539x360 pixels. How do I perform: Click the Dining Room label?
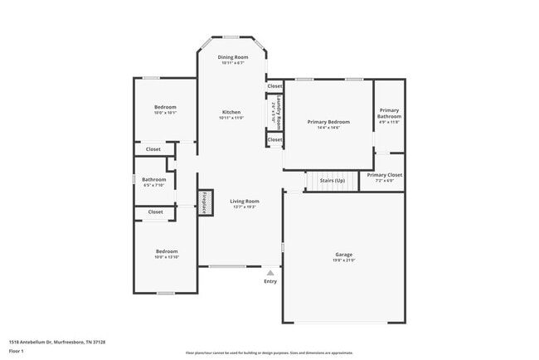[x=233, y=57]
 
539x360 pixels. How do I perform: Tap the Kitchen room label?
[x=231, y=112]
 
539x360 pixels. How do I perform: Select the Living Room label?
[x=245, y=201]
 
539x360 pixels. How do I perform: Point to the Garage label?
[x=344, y=255]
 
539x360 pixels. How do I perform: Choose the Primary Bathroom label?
[x=390, y=113]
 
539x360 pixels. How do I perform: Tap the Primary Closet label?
[x=385, y=175]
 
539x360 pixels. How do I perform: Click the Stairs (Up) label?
[x=332, y=180]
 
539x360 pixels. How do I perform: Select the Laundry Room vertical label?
[x=280, y=110]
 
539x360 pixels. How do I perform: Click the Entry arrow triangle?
[x=269, y=271]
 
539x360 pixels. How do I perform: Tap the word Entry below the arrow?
[x=270, y=282]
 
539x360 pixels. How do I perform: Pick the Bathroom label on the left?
[x=153, y=179]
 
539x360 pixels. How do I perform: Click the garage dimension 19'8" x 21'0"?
[x=344, y=260]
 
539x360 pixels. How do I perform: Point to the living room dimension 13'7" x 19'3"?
[x=245, y=207]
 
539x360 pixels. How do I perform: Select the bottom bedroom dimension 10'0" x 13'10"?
[x=167, y=257]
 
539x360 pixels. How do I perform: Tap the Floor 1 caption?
[x=17, y=352]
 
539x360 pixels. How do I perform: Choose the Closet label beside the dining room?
[x=274, y=85]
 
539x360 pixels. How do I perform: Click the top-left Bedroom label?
[x=166, y=107]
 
